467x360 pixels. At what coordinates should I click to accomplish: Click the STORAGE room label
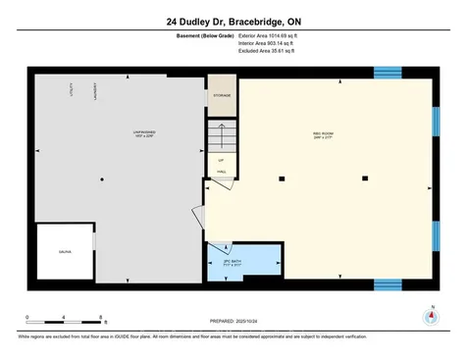[x=223, y=96]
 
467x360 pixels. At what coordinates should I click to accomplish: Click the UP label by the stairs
[x=222, y=159]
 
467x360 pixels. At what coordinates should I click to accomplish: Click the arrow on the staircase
[x=222, y=131]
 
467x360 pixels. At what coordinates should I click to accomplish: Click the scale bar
[x=66, y=321]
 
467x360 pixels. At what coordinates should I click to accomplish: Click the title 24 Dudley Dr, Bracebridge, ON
[x=233, y=19]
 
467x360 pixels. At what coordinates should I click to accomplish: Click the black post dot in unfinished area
[x=103, y=180]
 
